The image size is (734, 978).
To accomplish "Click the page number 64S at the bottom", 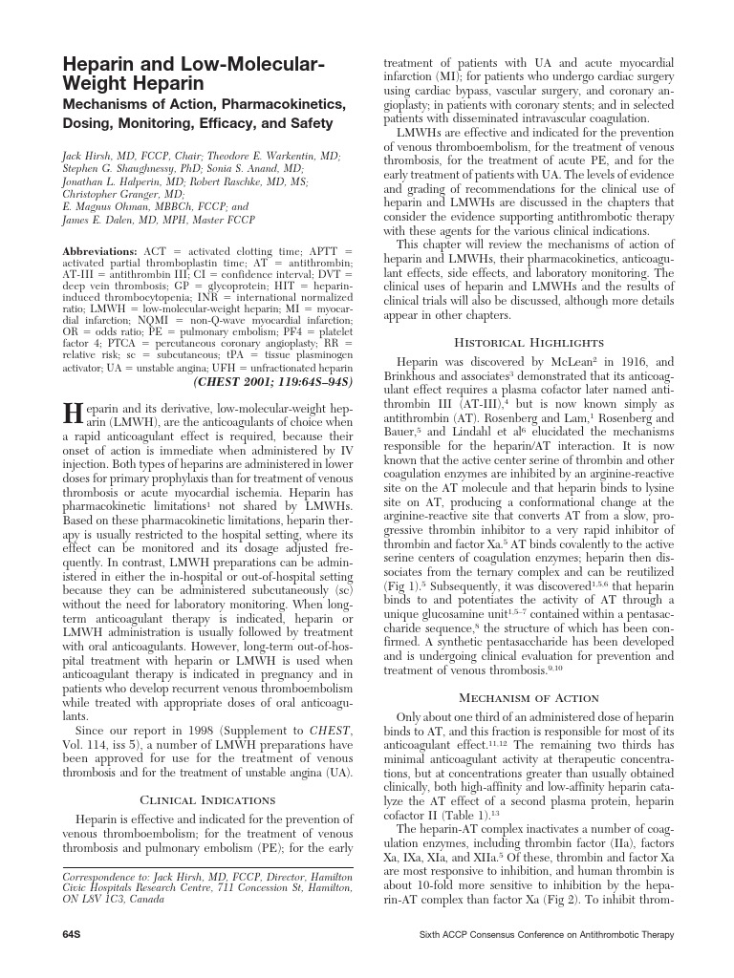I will click(x=73, y=934).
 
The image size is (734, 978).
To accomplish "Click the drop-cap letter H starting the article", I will click(x=72, y=413).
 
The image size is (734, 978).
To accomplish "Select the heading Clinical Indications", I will click(x=207, y=799).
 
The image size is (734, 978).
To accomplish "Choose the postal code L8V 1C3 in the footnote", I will click(x=105, y=900).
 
